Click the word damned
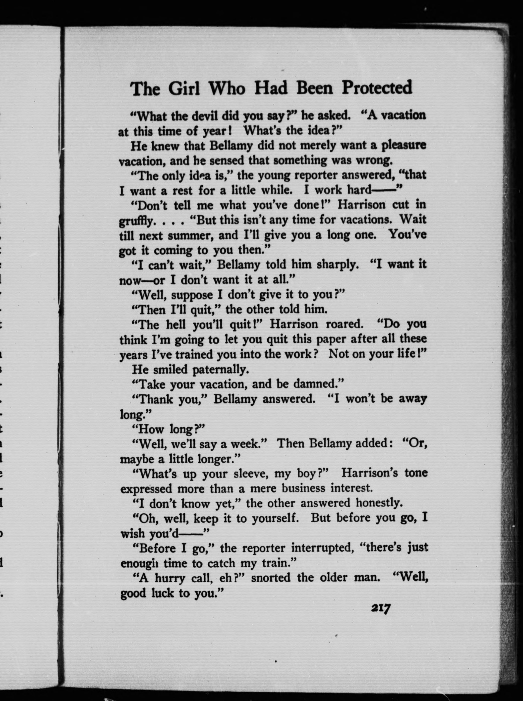click(318, 384)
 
